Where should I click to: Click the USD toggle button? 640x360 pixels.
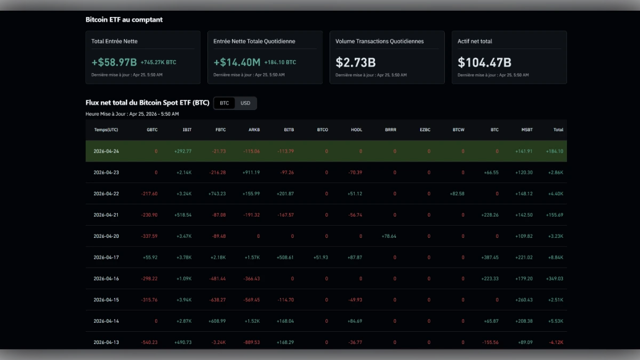(x=245, y=103)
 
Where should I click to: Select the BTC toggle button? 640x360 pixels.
(x=225, y=103)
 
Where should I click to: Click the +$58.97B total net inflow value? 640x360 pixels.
(x=114, y=62)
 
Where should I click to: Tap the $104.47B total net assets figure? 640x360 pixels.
(x=484, y=62)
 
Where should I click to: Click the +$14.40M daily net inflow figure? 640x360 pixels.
(x=237, y=62)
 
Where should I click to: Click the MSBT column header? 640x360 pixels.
(x=527, y=130)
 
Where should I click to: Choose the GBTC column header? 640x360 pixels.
(x=152, y=130)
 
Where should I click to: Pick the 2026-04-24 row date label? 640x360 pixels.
(x=106, y=151)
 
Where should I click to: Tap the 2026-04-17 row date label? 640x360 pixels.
(x=106, y=258)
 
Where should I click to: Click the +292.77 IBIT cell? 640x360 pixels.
(x=182, y=151)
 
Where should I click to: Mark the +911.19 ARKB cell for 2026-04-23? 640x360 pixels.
(x=251, y=173)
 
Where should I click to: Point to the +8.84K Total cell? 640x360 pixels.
(x=555, y=258)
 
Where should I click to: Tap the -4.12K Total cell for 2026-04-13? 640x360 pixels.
(x=555, y=342)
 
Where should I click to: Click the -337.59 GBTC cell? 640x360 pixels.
(x=148, y=236)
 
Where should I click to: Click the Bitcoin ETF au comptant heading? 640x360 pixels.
(x=124, y=20)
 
